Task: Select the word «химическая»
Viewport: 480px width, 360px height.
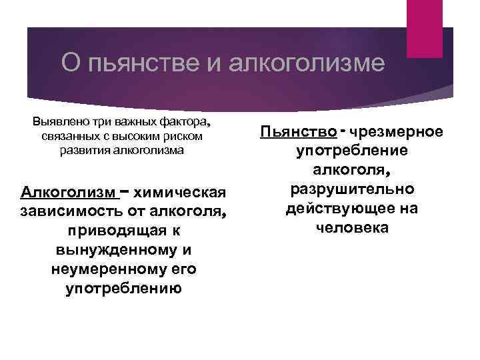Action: coord(181,193)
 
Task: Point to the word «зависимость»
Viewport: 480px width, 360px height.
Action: coord(63,213)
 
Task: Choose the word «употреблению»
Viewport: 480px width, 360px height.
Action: coord(124,289)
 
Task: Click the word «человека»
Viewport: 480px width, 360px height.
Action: coord(353,228)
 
